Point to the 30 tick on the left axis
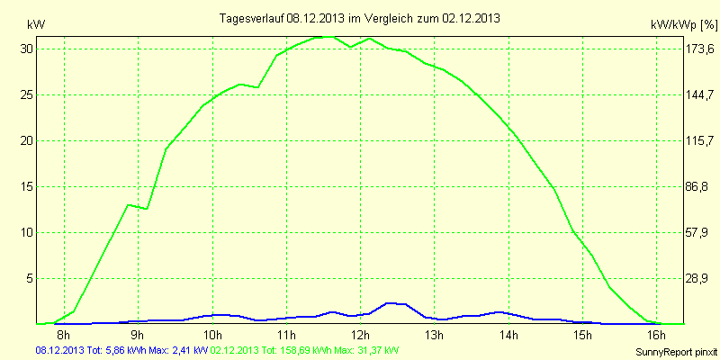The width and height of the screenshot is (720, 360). (x=27, y=49)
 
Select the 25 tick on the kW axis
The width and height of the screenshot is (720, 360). (x=27, y=94)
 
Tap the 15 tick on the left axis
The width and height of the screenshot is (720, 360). (x=27, y=186)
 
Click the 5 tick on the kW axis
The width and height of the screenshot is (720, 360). (x=30, y=278)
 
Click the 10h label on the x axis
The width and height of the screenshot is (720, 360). (x=212, y=335)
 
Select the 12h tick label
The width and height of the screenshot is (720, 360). (x=360, y=335)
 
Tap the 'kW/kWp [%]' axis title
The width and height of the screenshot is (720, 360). (x=683, y=27)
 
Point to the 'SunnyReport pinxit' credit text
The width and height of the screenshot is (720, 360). (x=673, y=351)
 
